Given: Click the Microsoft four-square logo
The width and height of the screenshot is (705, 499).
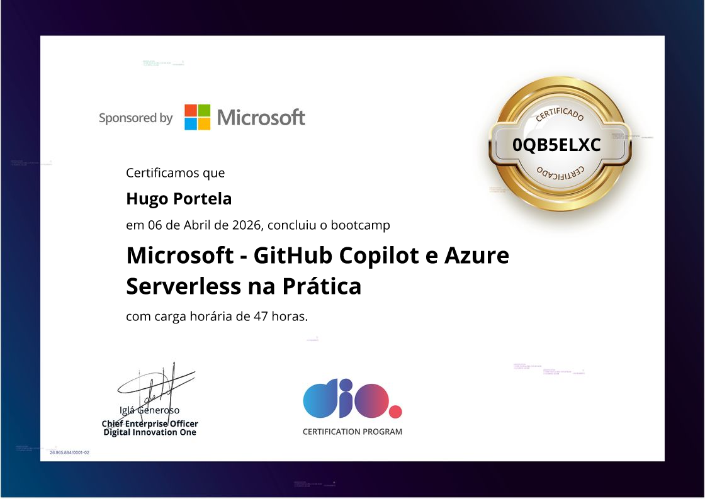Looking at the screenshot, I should (x=197, y=117).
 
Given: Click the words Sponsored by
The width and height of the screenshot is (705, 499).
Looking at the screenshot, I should (x=135, y=118).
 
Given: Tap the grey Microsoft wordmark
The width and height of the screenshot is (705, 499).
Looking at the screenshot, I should (x=261, y=117).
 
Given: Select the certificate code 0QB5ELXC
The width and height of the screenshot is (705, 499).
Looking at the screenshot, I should (x=556, y=145).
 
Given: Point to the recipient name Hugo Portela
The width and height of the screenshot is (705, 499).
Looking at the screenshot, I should (x=179, y=199).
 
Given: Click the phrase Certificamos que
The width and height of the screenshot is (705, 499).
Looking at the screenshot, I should (x=175, y=172).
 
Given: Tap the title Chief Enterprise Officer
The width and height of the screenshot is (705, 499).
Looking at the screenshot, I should (x=150, y=424).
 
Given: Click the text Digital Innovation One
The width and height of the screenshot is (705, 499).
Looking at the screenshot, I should (x=150, y=432).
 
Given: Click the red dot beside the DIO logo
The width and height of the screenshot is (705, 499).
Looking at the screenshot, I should (x=395, y=412).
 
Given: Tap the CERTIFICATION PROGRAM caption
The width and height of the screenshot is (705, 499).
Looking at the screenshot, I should (x=352, y=432).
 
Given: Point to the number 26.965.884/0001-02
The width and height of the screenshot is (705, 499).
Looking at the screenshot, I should (x=69, y=452).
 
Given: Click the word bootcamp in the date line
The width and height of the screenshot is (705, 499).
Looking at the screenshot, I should (x=360, y=225).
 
